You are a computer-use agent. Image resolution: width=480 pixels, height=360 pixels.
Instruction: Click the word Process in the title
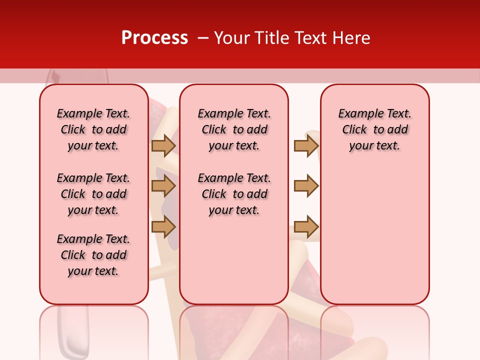pyautogui.click(x=154, y=38)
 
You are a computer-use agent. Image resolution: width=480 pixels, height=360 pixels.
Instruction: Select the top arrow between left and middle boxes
pyautogui.click(x=163, y=145)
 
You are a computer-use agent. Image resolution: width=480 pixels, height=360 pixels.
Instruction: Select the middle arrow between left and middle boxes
pyautogui.click(x=163, y=186)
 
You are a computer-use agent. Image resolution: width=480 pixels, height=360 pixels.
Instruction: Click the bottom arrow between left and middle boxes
pyautogui.click(x=163, y=226)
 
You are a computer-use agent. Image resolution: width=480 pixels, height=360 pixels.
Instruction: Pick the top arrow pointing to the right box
pyautogui.click(x=306, y=145)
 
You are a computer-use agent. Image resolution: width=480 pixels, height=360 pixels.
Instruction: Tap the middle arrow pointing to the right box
pyautogui.click(x=306, y=186)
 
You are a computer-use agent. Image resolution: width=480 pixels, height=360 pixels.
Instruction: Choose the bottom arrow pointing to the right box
pyautogui.click(x=306, y=226)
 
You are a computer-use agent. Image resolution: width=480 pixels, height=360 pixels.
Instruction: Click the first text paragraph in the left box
pyautogui.click(x=93, y=129)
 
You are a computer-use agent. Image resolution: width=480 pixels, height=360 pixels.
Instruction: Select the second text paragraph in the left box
pyautogui.click(x=93, y=194)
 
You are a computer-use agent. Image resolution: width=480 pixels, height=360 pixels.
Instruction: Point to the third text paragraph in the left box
pyautogui.click(x=93, y=255)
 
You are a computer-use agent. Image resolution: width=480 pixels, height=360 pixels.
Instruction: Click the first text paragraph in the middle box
pyautogui.click(x=234, y=129)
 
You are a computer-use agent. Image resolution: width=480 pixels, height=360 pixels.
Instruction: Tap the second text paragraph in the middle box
pyautogui.click(x=234, y=194)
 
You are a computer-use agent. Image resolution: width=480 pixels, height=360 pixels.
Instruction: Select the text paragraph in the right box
pyautogui.click(x=374, y=129)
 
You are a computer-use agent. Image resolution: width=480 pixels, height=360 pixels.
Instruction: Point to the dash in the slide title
pyautogui.click(x=203, y=38)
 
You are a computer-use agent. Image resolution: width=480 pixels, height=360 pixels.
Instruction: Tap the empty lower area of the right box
pyautogui.click(x=374, y=235)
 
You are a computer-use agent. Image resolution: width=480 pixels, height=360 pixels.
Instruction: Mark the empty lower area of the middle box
pyautogui.click(x=234, y=260)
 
